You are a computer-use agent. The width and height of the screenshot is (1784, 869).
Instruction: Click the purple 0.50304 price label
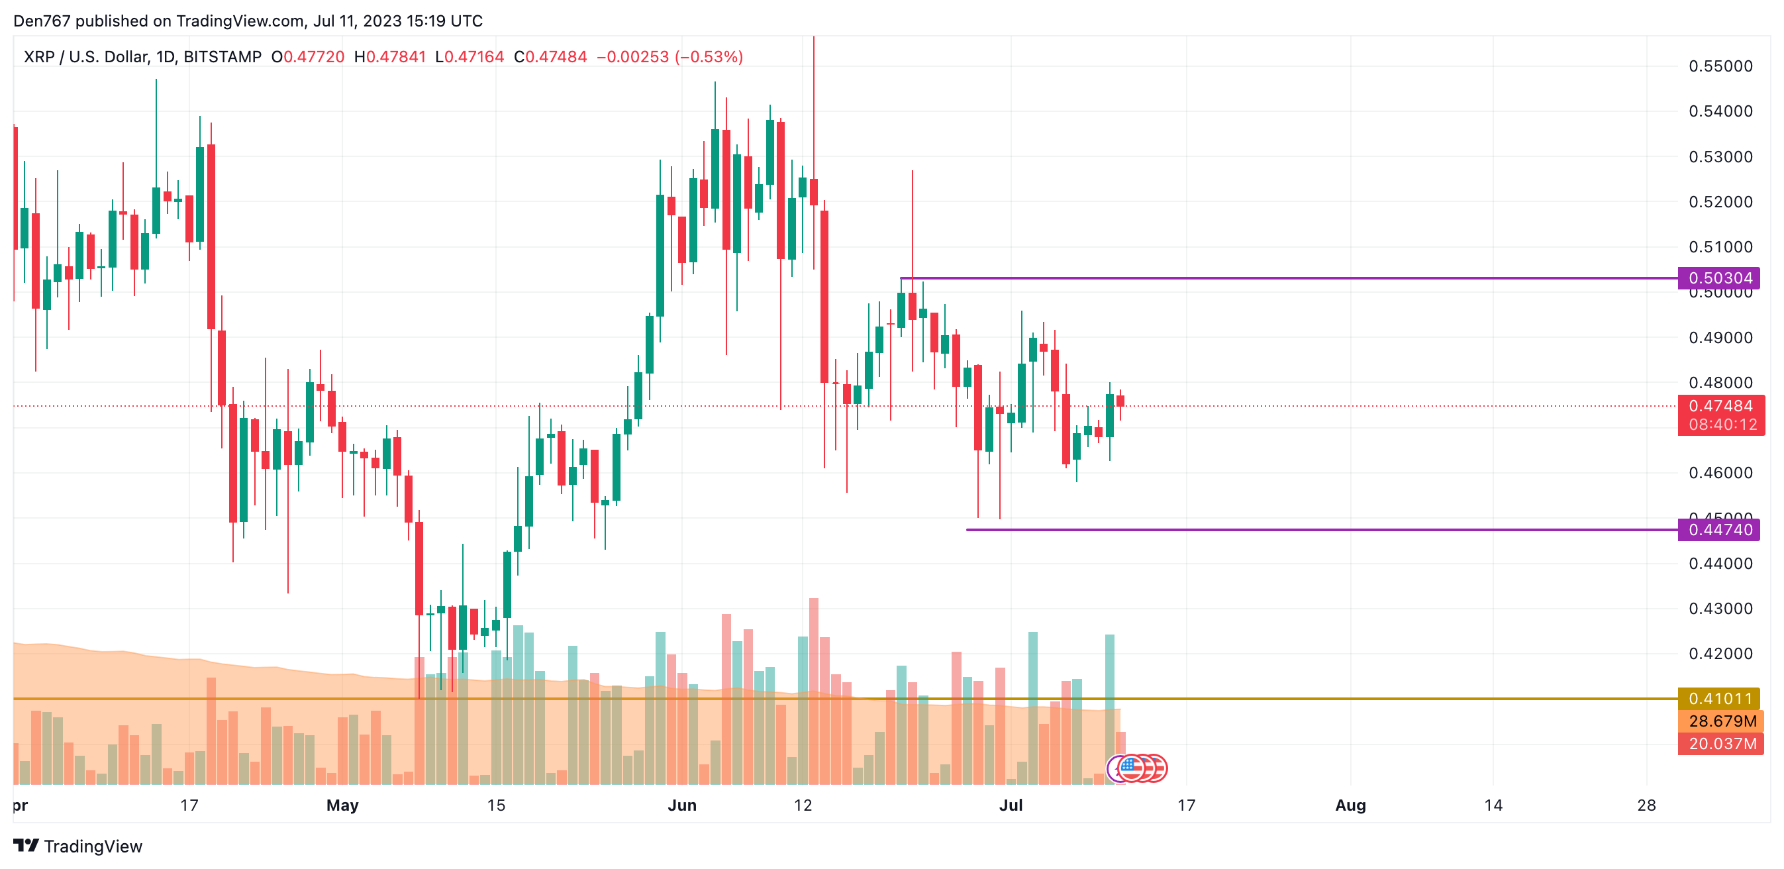(x=1720, y=278)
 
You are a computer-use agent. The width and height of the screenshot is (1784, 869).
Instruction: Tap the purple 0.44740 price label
(x=1720, y=530)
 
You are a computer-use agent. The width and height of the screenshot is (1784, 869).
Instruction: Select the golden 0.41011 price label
(x=1720, y=698)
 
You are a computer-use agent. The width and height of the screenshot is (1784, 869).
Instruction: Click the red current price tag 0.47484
(x=1720, y=406)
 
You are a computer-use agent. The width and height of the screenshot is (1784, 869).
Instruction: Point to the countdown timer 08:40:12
(x=1722, y=425)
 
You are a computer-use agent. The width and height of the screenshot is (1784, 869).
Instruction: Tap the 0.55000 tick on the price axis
(x=1720, y=66)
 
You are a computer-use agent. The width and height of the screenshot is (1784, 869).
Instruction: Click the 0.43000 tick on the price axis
(x=1720, y=609)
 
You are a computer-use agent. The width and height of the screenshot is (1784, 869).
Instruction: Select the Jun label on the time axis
(x=681, y=805)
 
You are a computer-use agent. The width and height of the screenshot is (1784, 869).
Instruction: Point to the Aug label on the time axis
(x=1350, y=805)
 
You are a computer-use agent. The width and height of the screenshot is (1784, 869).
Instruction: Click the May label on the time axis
(x=342, y=805)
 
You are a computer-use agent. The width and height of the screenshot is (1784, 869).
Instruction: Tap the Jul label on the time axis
(x=1011, y=805)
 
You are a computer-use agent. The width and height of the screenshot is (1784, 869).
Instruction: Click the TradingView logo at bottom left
(x=77, y=846)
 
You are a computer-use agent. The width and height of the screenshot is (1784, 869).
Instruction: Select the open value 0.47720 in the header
(x=314, y=57)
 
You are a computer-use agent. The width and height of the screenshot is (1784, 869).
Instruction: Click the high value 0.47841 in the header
(x=395, y=57)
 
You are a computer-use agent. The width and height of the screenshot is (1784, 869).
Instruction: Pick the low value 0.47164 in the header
(x=473, y=57)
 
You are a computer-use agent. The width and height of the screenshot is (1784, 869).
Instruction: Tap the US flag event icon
(x=1131, y=768)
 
